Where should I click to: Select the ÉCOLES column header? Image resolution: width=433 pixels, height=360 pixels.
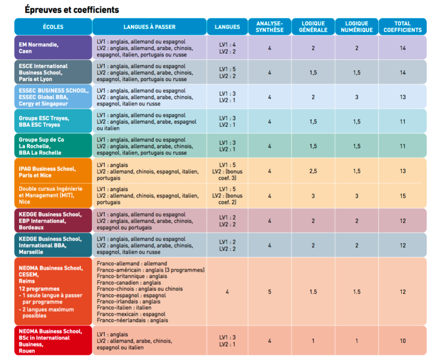[53, 27]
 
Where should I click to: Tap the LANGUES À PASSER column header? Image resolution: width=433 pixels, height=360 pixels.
[149, 27]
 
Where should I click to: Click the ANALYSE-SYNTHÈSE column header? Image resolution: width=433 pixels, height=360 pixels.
[269, 27]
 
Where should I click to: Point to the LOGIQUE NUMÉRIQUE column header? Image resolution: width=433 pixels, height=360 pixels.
[356, 27]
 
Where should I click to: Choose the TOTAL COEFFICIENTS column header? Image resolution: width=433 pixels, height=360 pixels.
[402, 27]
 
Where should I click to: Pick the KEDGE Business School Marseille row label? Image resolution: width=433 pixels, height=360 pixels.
[50, 245]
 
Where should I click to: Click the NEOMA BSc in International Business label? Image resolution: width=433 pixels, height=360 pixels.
[50, 341]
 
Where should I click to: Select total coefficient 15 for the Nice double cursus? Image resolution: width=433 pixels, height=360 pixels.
[402, 196]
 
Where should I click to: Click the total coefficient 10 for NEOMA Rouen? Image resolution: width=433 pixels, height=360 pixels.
[402, 341]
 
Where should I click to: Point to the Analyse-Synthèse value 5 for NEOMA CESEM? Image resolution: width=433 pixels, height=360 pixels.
[269, 292]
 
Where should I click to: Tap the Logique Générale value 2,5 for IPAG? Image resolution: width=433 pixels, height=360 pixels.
[313, 171]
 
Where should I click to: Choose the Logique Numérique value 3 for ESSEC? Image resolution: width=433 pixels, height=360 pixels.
[356, 97]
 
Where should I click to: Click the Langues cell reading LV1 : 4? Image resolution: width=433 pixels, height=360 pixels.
[227, 44]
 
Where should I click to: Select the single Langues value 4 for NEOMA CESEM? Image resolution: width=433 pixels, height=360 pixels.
[227, 292]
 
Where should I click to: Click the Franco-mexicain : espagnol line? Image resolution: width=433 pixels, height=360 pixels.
[131, 314]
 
